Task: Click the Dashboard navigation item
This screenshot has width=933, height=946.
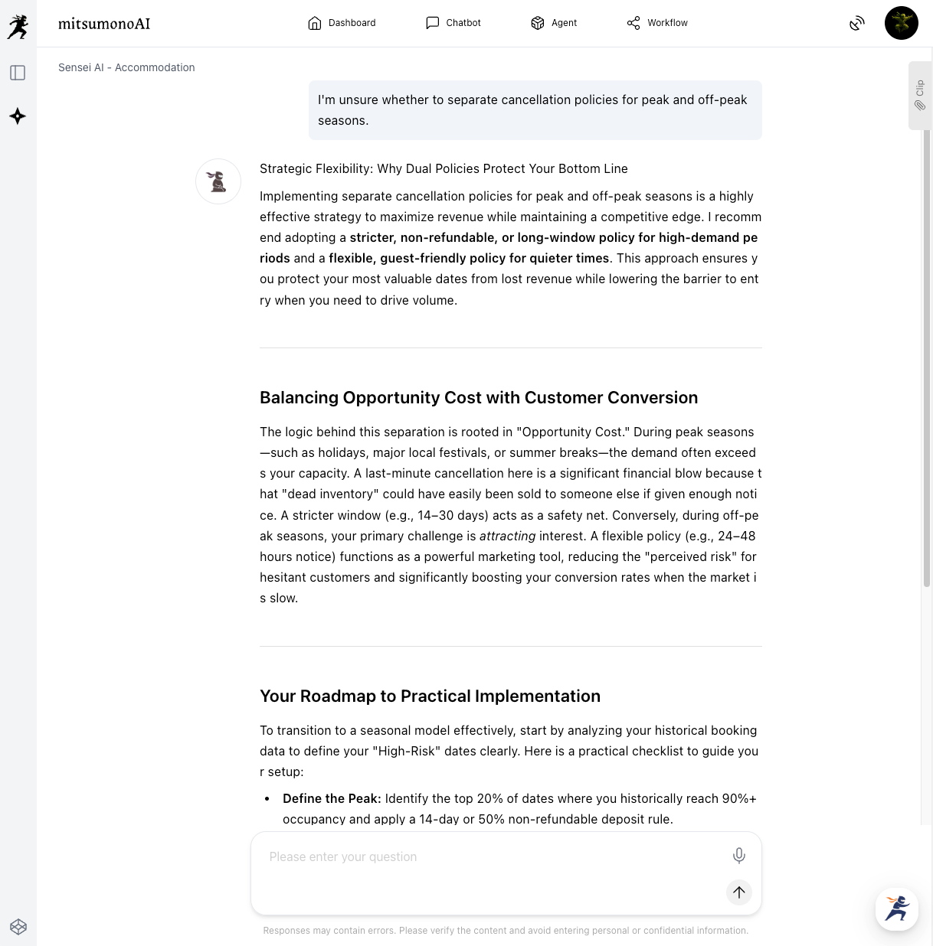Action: (x=342, y=23)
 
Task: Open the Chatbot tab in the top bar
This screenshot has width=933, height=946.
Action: (x=453, y=23)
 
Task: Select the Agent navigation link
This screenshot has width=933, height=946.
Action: (x=554, y=23)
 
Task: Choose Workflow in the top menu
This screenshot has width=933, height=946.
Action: (x=657, y=23)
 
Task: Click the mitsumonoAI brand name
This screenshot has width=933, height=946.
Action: (x=104, y=24)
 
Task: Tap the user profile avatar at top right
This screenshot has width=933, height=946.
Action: (x=901, y=23)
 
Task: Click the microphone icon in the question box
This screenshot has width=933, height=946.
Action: (x=738, y=856)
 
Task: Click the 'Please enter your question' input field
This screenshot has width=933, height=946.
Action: (x=490, y=857)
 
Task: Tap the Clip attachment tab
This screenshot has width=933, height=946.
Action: (x=920, y=96)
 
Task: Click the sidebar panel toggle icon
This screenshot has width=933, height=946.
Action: (x=18, y=73)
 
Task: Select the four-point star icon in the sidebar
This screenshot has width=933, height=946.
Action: (x=18, y=116)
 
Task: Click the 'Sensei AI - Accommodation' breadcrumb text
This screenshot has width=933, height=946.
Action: (x=126, y=67)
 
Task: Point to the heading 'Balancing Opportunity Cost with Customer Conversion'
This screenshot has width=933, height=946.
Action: (x=479, y=398)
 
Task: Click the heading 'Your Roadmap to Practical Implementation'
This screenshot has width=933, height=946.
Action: (x=430, y=696)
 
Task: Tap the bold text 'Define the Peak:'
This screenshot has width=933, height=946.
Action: (x=332, y=799)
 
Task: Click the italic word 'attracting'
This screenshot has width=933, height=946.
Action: (x=507, y=537)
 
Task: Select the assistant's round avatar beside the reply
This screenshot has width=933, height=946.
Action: (x=218, y=181)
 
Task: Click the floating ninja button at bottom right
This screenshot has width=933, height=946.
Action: (x=896, y=908)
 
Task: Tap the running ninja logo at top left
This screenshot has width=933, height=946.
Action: (x=18, y=27)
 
